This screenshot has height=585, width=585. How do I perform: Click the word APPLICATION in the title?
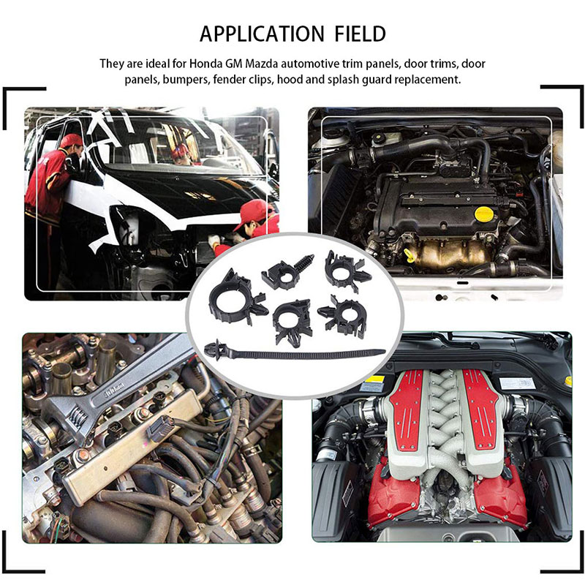262,34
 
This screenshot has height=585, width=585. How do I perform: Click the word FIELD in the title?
360,34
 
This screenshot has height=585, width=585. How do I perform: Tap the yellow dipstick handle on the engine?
409,255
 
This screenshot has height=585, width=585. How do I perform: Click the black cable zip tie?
295,352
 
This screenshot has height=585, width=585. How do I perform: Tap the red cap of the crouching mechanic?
254,210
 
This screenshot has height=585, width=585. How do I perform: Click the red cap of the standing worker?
71,140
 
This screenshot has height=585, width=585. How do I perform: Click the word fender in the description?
227,80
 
